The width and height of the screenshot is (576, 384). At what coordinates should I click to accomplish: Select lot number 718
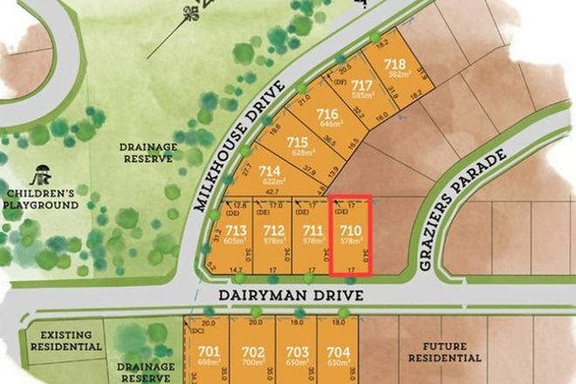[394, 65]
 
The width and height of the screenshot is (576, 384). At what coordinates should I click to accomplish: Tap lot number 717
[362, 86]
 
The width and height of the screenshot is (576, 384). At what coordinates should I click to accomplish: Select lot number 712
[273, 230]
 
